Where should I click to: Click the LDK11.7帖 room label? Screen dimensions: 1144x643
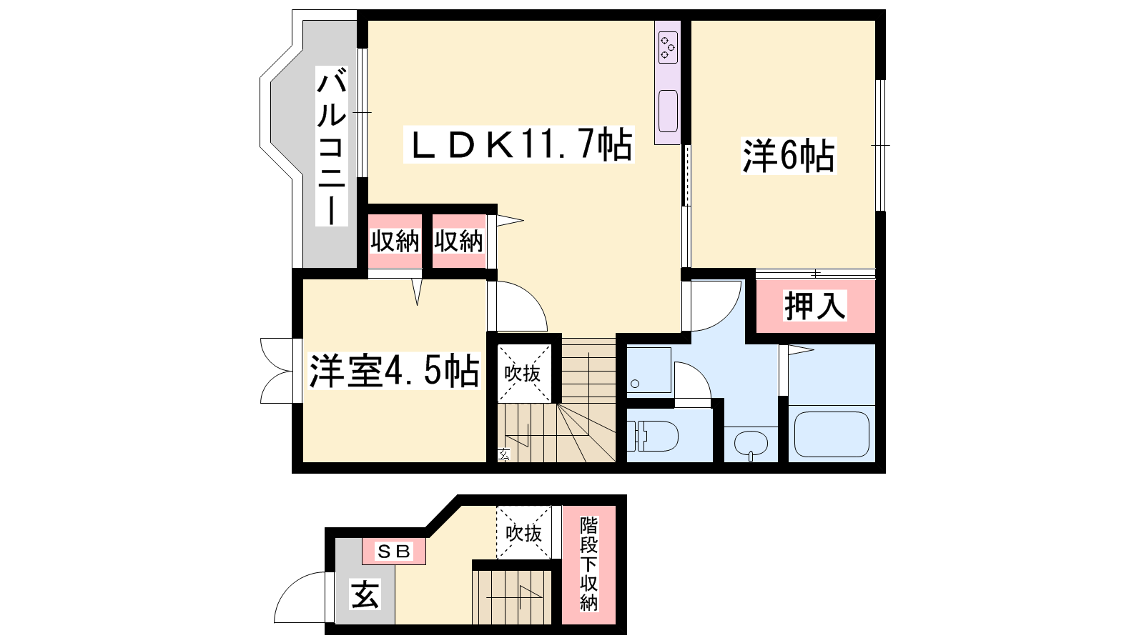coord(519,145)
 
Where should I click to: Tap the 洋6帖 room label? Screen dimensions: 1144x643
coord(789,156)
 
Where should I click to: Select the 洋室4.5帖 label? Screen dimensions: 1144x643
coord(394,371)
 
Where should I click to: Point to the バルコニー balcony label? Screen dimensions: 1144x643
coord(332,146)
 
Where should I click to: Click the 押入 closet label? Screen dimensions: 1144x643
coord(815,306)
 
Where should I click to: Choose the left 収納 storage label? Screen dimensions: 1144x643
coord(395,241)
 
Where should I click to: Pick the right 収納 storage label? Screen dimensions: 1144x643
coord(458,241)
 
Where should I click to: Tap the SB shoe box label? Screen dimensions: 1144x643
coord(394,551)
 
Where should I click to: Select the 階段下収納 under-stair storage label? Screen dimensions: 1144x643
coord(588,564)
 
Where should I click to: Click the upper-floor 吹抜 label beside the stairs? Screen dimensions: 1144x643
coord(522,374)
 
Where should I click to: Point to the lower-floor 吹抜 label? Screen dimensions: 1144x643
coord(523,533)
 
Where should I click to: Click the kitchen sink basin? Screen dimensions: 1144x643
coord(668,111)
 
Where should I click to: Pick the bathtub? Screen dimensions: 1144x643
coord(832,434)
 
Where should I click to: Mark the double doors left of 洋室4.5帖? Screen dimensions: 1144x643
coord(278,371)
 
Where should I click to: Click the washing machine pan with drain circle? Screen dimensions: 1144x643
coord(649,370)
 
